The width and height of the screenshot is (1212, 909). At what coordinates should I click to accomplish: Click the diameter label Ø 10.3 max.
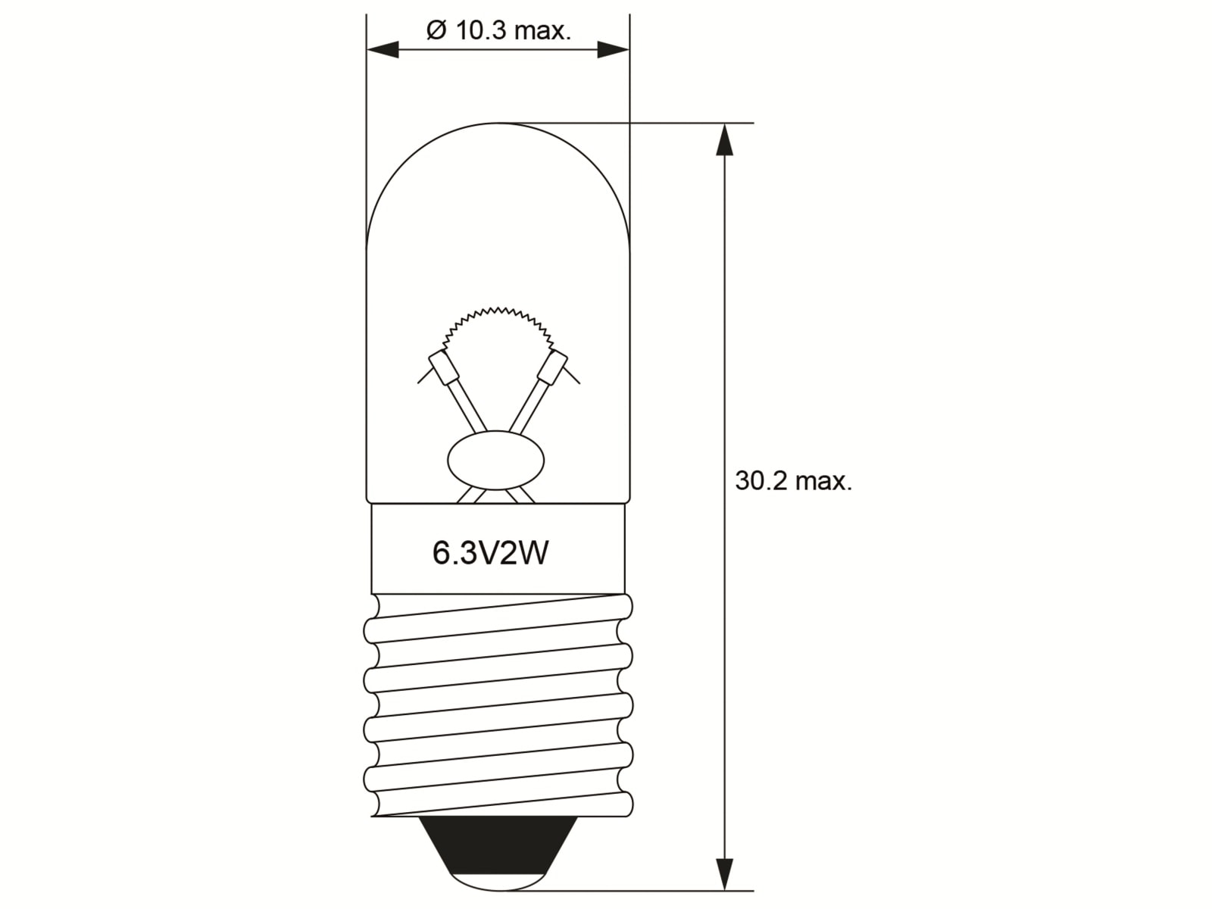tap(498, 31)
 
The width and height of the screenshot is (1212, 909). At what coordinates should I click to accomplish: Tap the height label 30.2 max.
tap(793, 480)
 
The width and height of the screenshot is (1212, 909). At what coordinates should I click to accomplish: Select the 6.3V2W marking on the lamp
tap(490, 554)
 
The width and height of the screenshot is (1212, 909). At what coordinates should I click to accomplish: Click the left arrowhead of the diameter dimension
tap(383, 50)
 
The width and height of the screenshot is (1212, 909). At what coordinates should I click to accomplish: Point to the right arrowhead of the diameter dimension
tap(613, 50)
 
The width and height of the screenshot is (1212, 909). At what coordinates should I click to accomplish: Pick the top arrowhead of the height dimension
tap(725, 139)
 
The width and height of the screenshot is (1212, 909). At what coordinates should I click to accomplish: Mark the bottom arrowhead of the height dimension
tap(725, 874)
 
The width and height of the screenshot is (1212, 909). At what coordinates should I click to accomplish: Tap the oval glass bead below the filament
tap(496, 461)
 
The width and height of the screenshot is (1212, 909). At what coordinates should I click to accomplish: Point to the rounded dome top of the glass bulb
tap(498, 151)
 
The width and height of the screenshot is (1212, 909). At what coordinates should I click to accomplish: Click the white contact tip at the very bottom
tap(497, 883)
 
